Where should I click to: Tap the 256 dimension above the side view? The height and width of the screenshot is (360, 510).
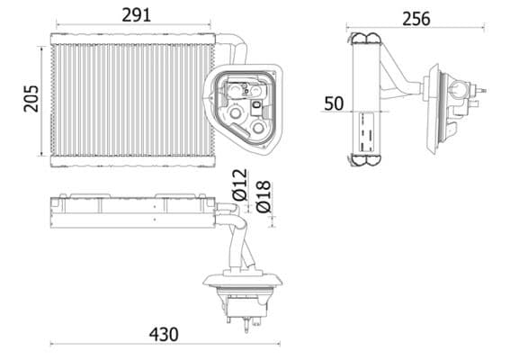click(416, 18)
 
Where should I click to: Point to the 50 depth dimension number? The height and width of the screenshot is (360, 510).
click(333, 103)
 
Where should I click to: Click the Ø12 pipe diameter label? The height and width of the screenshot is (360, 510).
click(239, 184)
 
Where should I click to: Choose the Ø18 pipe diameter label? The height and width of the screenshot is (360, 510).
click(263, 195)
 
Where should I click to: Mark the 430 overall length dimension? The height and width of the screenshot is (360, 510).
click(163, 334)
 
